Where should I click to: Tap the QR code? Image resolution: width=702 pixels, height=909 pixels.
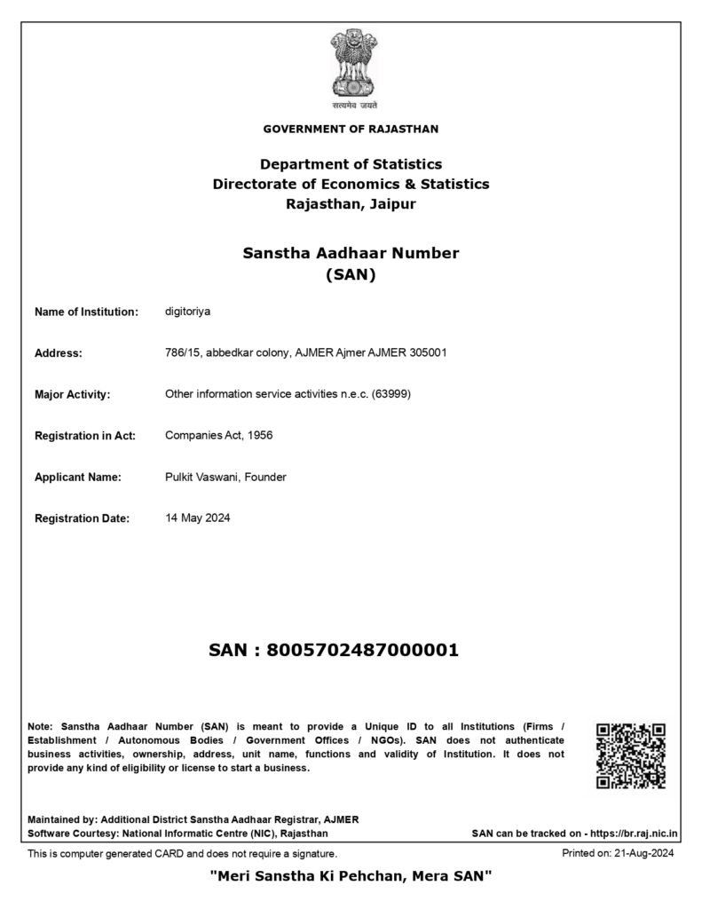click(631, 755)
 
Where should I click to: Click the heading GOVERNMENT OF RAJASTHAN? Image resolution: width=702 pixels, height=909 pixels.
click(351, 130)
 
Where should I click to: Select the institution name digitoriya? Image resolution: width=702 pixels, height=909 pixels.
click(187, 312)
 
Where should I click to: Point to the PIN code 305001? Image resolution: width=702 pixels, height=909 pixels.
click(428, 352)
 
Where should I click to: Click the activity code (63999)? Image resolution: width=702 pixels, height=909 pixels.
click(390, 394)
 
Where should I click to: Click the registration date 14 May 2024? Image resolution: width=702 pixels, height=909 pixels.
click(197, 518)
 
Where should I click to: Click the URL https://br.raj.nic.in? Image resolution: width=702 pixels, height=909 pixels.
click(635, 834)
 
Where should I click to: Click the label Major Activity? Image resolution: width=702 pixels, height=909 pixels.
click(72, 394)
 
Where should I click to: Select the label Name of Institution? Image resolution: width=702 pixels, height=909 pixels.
click(86, 312)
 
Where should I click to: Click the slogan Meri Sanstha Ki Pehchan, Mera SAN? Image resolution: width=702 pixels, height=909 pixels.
click(351, 877)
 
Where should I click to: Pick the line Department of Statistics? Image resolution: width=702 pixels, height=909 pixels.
click(351, 164)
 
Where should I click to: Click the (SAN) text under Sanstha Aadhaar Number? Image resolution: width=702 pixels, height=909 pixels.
click(351, 275)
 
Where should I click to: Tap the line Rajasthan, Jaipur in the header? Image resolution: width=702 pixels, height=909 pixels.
click(351, 204)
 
